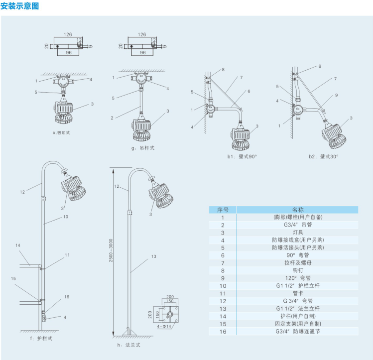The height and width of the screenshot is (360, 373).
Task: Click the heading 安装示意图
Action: click(19, 6)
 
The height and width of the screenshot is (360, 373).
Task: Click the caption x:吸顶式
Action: click(63, 133)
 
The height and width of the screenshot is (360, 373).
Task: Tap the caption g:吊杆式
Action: click(143, 148)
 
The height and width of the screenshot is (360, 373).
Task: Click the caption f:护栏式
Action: click(41, 338)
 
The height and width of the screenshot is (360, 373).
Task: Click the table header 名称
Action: click(298, 210)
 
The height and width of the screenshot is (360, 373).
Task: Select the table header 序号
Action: click(223, 210)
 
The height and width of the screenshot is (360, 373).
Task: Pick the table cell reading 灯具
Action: click(298, 232)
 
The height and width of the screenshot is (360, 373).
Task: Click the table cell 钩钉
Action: click(298, 270)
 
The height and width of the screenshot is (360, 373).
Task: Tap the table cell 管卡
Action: click(298, 293)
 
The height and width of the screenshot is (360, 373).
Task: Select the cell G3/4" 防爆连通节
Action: click(298, 331)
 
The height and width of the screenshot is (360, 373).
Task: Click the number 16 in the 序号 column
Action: click(223, 331)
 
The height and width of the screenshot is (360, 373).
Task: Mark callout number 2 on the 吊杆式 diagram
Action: click(113, 118)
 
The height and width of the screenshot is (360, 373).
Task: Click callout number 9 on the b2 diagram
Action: click(336, 95)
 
